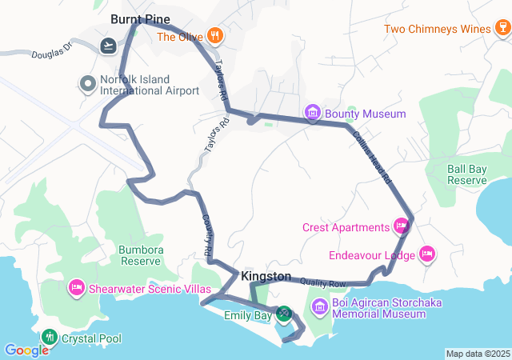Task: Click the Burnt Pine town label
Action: click(x=141, y=18)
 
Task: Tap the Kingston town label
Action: click(x=266, y=276)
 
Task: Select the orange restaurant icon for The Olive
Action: click(x=214, y=35)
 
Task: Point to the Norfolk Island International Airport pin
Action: click(x=87, y=83)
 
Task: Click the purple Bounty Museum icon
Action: click(x=314, y=114)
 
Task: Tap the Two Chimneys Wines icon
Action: click(x=500, y=30)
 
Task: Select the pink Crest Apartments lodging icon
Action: click(x=402, y=227)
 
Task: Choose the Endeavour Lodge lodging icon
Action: click(x=427, y=254)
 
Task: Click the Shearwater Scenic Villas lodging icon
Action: click(x=77, y=286)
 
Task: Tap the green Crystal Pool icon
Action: click(x=50, y=338)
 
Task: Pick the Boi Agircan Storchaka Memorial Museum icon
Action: click(x=319, y=307)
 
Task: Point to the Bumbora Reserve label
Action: click(x=140, y=255)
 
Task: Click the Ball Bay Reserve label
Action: click(x=467, y=174)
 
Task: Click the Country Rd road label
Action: click(x=206, y=235)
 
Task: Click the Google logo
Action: click(x=26, y=350)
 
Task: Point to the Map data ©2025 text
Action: click(x=477, y=354)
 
